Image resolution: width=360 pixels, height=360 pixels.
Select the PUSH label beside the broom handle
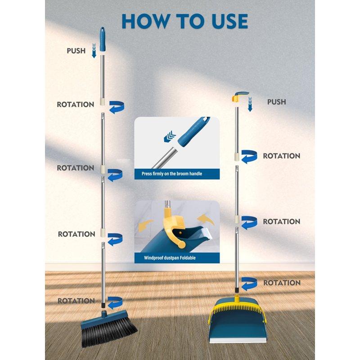[x=76, y=50]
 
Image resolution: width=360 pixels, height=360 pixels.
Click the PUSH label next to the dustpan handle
[x=276, y=102]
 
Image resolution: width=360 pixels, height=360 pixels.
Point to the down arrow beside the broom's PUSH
[x=94, y=51]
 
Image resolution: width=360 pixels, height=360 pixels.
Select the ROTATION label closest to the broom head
[x=76, y=300]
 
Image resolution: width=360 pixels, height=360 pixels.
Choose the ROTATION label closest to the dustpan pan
[x=282, y=283]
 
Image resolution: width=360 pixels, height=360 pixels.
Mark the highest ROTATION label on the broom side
[x=75, y=104]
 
